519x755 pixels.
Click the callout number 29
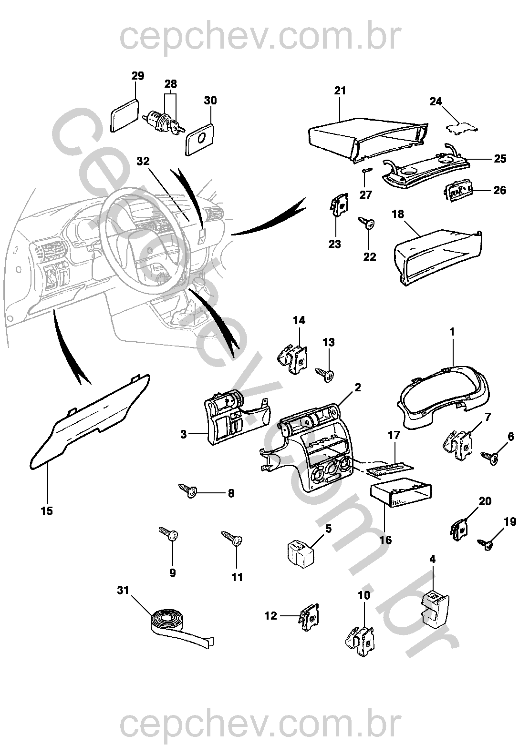tap(138, 76)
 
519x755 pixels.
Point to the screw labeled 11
tap(234, 539)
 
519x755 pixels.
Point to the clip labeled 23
tap(339, 207)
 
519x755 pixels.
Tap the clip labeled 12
tap(309, 618)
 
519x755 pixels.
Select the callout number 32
tap(143, 161)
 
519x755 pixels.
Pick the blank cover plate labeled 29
tap(125, 115)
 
